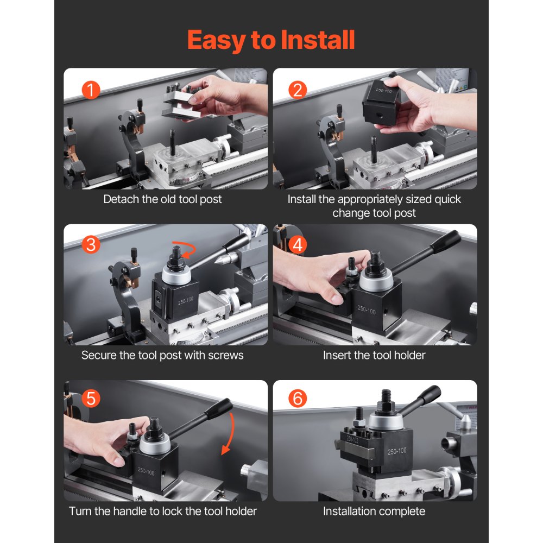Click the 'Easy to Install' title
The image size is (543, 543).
pyautogui.click(x=271, y=40)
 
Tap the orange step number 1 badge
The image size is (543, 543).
pyautogui.click(x=91, y=90)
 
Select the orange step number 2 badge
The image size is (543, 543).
pyautogui.click(x=297, y=90)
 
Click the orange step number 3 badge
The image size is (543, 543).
pyautogui.click(x=91, y=245)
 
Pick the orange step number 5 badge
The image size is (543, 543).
pyautogui.click(x=91, y=399)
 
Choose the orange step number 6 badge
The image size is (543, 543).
pyautogui.click(x=297, y=399)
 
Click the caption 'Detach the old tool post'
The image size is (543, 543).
pyautogui.click(x=163, y=199)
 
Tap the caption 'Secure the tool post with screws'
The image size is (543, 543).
pyautogui.click(x=162, y=355)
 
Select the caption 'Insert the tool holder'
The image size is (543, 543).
pyautogui.click(x=374, y=355)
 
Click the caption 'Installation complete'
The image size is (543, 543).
pyautogui.click(x=374, y=511)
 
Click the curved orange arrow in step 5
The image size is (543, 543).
pyautogui.click(x=228, y=434)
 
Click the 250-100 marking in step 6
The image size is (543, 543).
pyautogui.click(x=397, y=451)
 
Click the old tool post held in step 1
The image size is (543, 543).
pyautogui.click(x=182, y=103)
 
